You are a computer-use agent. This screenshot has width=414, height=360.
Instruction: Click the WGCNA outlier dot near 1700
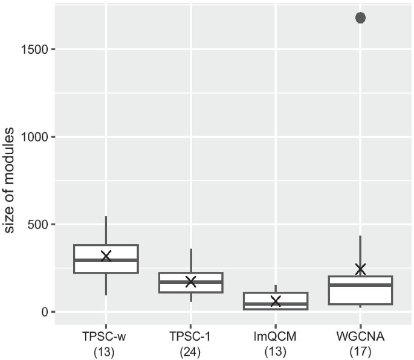360,18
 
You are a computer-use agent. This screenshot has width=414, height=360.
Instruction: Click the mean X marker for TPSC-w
106,256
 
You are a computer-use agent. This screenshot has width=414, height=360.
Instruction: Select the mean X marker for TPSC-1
191,281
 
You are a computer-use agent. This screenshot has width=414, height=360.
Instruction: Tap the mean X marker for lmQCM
276,301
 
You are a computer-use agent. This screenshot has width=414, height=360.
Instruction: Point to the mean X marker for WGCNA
360,269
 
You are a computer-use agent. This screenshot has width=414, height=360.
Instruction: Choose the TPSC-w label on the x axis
106,335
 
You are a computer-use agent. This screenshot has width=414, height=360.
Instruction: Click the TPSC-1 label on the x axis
191,335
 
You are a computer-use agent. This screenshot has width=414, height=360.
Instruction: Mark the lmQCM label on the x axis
276,335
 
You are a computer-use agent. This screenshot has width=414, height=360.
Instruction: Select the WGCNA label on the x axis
360,335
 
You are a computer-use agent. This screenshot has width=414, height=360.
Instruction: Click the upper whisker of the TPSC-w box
106,230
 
